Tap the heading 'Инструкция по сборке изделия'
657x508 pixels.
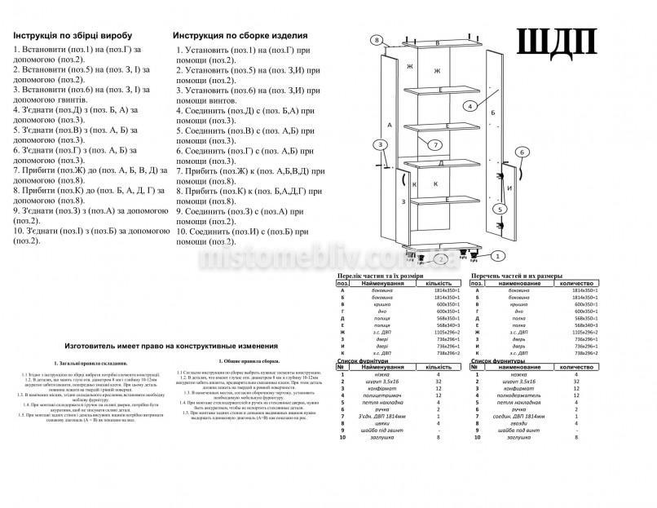(x=240, y=36)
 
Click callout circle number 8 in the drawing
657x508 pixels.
(x=376, y=40)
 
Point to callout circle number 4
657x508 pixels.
(x=471, y=106)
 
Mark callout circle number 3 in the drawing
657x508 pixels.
(x=381, y=145)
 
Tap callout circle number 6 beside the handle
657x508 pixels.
(x=523, y=152)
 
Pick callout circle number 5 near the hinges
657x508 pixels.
(x=500, y=209)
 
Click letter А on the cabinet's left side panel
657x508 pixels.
(x=390, y=125)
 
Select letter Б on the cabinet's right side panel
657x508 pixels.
(x=493, y=113)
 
